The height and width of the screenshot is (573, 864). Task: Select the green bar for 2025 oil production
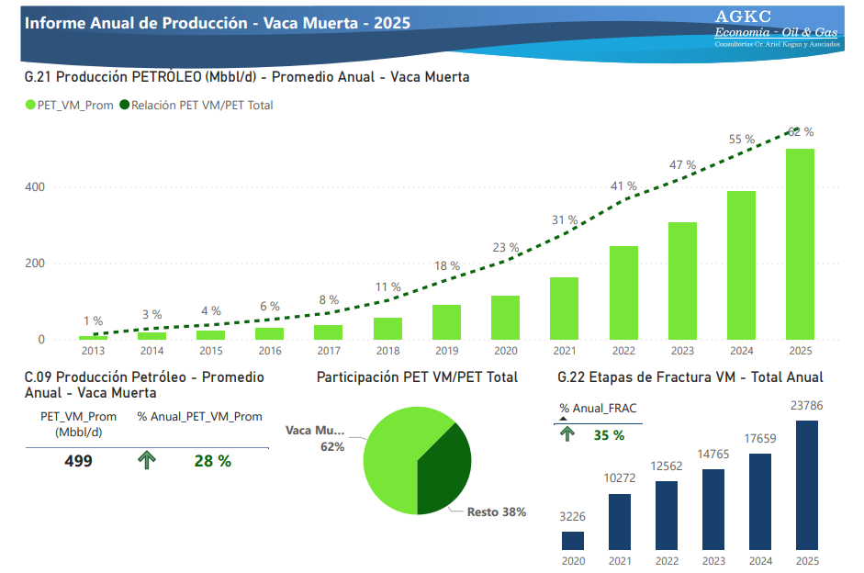pos(800,244)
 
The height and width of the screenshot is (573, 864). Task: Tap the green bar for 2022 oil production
pos(623,293)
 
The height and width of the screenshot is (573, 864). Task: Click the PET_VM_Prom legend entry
pos(69,105)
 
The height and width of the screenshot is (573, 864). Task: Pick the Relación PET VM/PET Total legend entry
pos(196,105)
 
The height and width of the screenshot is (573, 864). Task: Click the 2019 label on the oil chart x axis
pos(446,351)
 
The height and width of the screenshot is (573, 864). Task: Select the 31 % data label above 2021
pos(565,220)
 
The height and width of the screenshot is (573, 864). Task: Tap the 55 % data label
pos(741,140)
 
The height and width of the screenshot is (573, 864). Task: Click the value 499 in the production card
pos(78,461)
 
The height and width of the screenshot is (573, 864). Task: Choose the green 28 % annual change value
pos(212,461)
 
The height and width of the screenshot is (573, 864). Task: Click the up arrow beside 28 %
pos(146,461)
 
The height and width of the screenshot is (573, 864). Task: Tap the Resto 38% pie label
pos(496,512)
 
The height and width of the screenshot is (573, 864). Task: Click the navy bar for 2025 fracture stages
pos(807,486)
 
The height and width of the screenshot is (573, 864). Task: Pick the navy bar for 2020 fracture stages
pos(573,541)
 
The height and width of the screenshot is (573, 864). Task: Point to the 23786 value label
pos(807,405)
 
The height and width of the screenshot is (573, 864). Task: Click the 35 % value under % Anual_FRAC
pos(608,435)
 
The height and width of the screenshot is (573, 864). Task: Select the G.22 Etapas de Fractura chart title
pos(690,376)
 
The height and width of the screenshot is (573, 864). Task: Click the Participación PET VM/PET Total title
pos(417,376)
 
